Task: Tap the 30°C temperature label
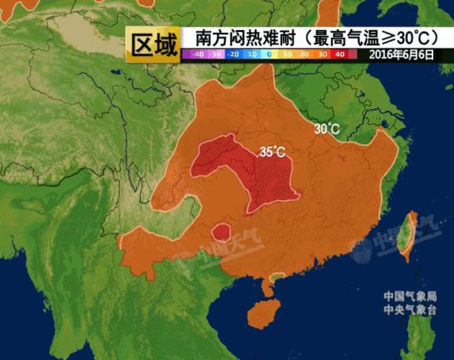tap(327, 129)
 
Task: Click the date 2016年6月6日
tap(400, 54)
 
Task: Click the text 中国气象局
tap(407, 296)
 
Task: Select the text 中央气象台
tap(407, 310)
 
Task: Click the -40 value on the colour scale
tap(198, 54)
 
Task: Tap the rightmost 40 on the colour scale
tap(340, 54)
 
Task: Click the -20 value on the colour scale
tap(234, 54)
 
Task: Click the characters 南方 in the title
tap(207, 38)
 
